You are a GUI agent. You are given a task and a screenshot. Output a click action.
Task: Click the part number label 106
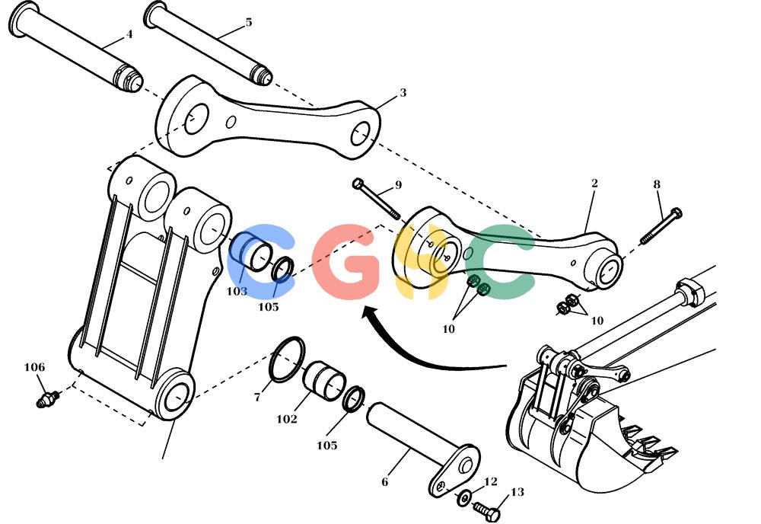34,367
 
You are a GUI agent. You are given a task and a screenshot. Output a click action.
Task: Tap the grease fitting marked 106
47,399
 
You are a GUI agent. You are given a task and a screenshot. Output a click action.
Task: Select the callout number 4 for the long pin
129,34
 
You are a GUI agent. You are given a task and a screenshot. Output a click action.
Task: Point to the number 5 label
249,22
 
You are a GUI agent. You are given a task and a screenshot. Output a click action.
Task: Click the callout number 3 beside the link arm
403,92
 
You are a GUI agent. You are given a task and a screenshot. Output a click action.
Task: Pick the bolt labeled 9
376,198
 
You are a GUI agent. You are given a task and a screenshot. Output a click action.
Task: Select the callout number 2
594,183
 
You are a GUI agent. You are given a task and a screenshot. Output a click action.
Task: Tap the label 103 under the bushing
237,292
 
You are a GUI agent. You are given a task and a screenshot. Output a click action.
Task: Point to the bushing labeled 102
324,380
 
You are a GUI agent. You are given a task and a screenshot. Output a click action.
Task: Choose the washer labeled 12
464,497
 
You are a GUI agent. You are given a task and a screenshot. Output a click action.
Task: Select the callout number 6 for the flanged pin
385,482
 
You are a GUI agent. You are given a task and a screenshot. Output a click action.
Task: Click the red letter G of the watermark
346,261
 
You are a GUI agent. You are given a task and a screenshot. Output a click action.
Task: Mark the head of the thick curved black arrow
370,313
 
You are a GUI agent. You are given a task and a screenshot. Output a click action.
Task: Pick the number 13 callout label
517,492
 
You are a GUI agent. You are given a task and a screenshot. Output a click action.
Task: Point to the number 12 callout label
491,481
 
